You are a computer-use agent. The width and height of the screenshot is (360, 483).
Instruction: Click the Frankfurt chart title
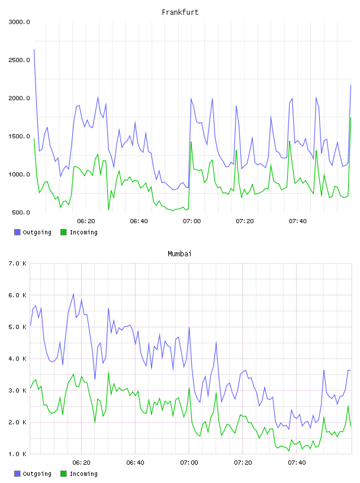pyautogui.click(x=180, y=12)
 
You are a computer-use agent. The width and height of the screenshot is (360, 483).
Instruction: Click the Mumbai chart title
pyautogui.click(x=179, y=253)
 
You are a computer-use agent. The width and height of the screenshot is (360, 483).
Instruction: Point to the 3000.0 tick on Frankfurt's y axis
pyautogui.click(x=19, y=22)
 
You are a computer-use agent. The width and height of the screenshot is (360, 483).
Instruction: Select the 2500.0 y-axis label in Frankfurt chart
pyautogui.click(x=19, y=60)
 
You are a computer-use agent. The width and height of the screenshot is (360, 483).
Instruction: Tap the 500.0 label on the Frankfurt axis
pyautogui.click(x=21, y=212)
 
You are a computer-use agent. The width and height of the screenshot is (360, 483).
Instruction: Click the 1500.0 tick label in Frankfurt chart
pyautogui.click(x=19, y=137)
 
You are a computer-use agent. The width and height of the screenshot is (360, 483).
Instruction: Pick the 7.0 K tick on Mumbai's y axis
pyautogui.click(x=17, y=263)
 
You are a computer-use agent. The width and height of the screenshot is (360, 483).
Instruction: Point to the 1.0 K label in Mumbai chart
pyautogui.click(x=17, y=454)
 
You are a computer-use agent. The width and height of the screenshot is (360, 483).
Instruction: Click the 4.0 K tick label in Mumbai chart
pyautogui.click(x=17, y=359)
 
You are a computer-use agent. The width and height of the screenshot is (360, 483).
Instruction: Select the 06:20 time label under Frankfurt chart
pyautogui.click(x=86, y=221)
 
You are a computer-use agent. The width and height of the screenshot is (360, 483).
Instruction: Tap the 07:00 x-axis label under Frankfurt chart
pyautogui.click(x=192, y=221)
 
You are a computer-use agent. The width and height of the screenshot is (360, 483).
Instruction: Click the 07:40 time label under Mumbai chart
pyautogui.click(x=297, y=462)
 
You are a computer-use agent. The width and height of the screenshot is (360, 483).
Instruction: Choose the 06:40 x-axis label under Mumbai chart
pyautogui.click(x=136, y=462)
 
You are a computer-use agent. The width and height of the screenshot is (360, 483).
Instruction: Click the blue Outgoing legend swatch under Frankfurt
pyautogui.click(x=17, y=232)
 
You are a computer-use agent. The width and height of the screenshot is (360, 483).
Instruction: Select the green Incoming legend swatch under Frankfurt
pyautogui.click(x=63, y=232)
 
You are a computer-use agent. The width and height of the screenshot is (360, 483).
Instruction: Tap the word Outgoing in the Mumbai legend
pyautogui.click(x=37, y=474)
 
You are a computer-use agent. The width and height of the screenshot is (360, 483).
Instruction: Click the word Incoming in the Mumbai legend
pyautogui.click(x=83, y=474)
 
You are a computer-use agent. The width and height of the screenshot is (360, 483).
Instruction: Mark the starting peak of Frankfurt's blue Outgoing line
pyautogui.click(x=34, y=49)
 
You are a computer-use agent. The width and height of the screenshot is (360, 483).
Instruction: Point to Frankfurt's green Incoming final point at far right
pyautogui.click(x=351, y=118)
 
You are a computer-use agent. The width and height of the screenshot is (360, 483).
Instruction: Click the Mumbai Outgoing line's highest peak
pyautogui.click(x=73, y=294)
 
